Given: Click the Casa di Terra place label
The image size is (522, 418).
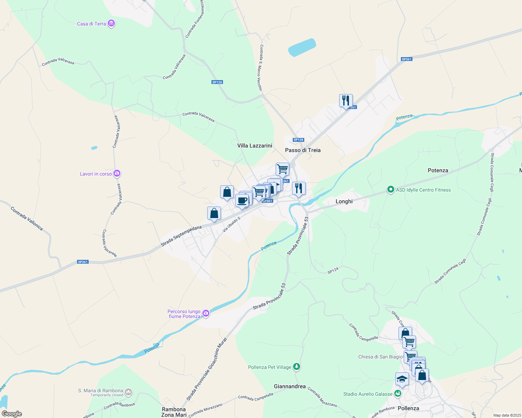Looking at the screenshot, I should point(91,24).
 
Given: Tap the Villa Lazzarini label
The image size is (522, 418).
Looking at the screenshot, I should point(254,146).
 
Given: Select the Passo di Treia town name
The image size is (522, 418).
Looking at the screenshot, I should point(303,150).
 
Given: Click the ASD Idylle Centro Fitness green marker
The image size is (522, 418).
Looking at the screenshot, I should point(390,190).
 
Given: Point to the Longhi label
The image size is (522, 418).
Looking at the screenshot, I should point(344,201).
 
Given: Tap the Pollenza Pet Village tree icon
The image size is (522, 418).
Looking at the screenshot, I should point(296,367).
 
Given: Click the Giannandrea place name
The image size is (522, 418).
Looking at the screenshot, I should point(290,386).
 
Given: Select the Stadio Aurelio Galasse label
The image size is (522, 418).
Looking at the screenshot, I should point(368,394).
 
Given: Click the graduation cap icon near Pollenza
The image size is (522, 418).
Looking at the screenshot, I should point(402,379).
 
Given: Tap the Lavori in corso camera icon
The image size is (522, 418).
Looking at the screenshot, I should point(117,173).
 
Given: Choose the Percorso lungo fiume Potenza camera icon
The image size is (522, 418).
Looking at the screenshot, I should point(206,313).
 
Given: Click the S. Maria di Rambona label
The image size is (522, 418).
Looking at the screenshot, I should point(100,390).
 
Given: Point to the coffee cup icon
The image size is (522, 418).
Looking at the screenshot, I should point(242,201).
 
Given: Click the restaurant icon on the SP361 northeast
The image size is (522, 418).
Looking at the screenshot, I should point(346,101).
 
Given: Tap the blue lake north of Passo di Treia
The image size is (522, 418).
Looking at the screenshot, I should point(302,47).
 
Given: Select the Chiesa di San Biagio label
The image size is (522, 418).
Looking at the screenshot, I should point(380,357).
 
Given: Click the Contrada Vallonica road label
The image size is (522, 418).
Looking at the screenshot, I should point(27,218).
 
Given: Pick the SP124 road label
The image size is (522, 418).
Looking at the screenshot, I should point(333,270).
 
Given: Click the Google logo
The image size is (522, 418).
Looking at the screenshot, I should point(12,414).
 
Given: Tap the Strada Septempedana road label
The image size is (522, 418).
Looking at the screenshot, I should point(181,236).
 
